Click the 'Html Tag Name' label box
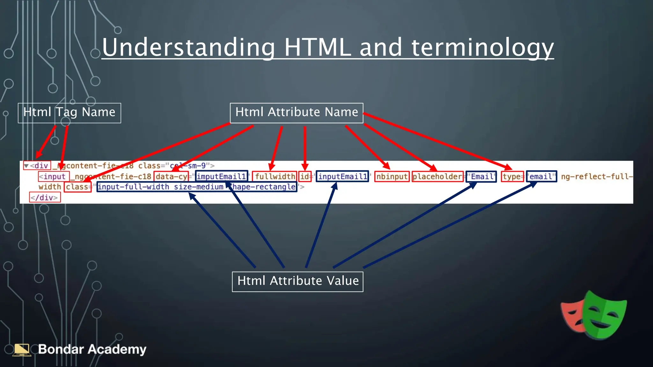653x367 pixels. (69, 113)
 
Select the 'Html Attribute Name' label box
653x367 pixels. (297, 113)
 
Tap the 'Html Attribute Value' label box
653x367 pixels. (297, 281)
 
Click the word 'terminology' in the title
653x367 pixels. (482, 48)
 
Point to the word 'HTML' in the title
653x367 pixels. (318, 48)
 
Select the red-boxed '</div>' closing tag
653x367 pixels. (45, 198)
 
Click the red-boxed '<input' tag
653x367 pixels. (54, 176)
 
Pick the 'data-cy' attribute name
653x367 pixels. (171, 176)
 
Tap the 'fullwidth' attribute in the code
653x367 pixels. (275, 176)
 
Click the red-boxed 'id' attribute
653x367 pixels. (305, 176)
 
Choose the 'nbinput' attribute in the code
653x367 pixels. (392, 176)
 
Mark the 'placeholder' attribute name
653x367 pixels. (437, 176)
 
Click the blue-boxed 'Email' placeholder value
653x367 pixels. (481, 176)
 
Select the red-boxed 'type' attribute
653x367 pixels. (512, 176)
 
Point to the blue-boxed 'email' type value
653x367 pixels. (541, 176)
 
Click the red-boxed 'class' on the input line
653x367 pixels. (77, 187)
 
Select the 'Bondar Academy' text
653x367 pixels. (92, 349)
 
